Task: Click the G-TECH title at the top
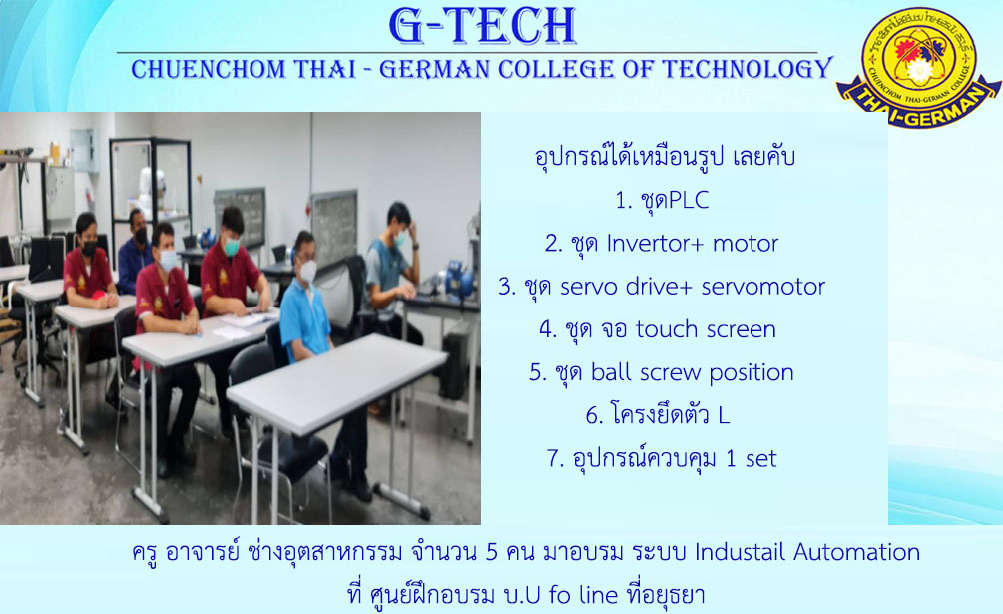[x=482, y=26]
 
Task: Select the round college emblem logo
[x=918, y=67]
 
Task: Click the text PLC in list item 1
[x=689, y=201]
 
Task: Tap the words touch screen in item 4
[x=706, y=329]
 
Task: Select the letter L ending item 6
[x=723, y=415]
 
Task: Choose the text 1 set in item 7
[x=752, y=458]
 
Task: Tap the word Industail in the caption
[x=741, y=552]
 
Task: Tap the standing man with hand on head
[x=393, y=269]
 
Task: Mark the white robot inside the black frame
[x=152, y=190]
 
